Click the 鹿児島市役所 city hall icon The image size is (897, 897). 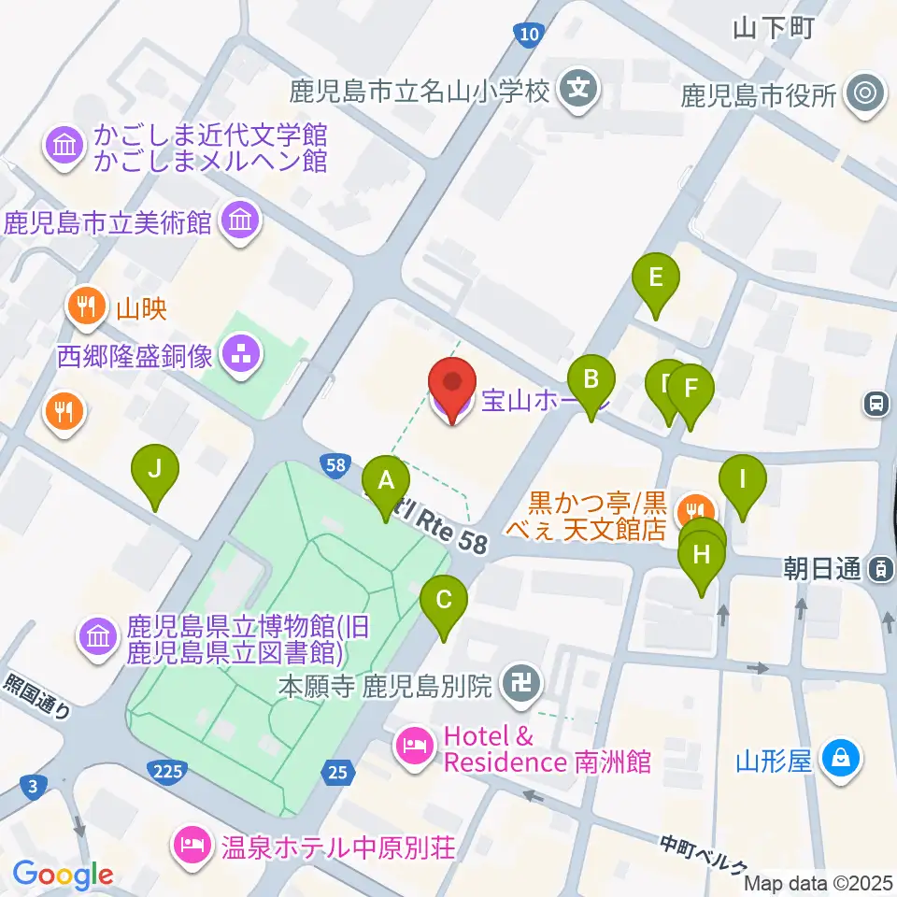click(x=865, y=93)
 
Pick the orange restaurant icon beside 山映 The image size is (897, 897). click(x=88, y=306)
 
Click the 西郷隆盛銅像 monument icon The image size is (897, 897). click(x=243, y=354)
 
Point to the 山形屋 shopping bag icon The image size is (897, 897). click(x=841, y=758)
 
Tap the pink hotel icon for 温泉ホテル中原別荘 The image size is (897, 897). click(x=190, y=847)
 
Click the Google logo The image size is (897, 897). click(x=64, y=875)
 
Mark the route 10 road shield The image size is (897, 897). click(x=529, y=35)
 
